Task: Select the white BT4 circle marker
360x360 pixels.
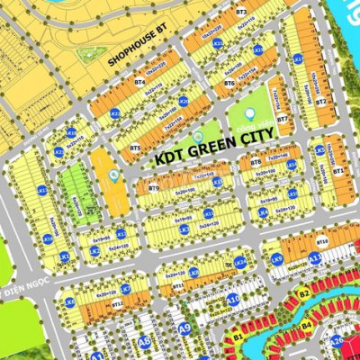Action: coord(139,82)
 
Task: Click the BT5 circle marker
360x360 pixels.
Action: coord(135,147)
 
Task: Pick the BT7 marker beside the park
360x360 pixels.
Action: coord(282,119)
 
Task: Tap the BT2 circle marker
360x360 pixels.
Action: coord(319,102)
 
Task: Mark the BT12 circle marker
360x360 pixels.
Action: coord(117,304)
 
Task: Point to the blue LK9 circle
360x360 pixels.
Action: coord(277,259)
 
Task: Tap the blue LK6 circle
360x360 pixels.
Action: coord(69,301)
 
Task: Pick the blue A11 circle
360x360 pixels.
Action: coord(314,258)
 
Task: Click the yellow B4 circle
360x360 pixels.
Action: coord(306,325)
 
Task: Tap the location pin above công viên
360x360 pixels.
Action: coord(249,114)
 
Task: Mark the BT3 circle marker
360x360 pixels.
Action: coord(240,12)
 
